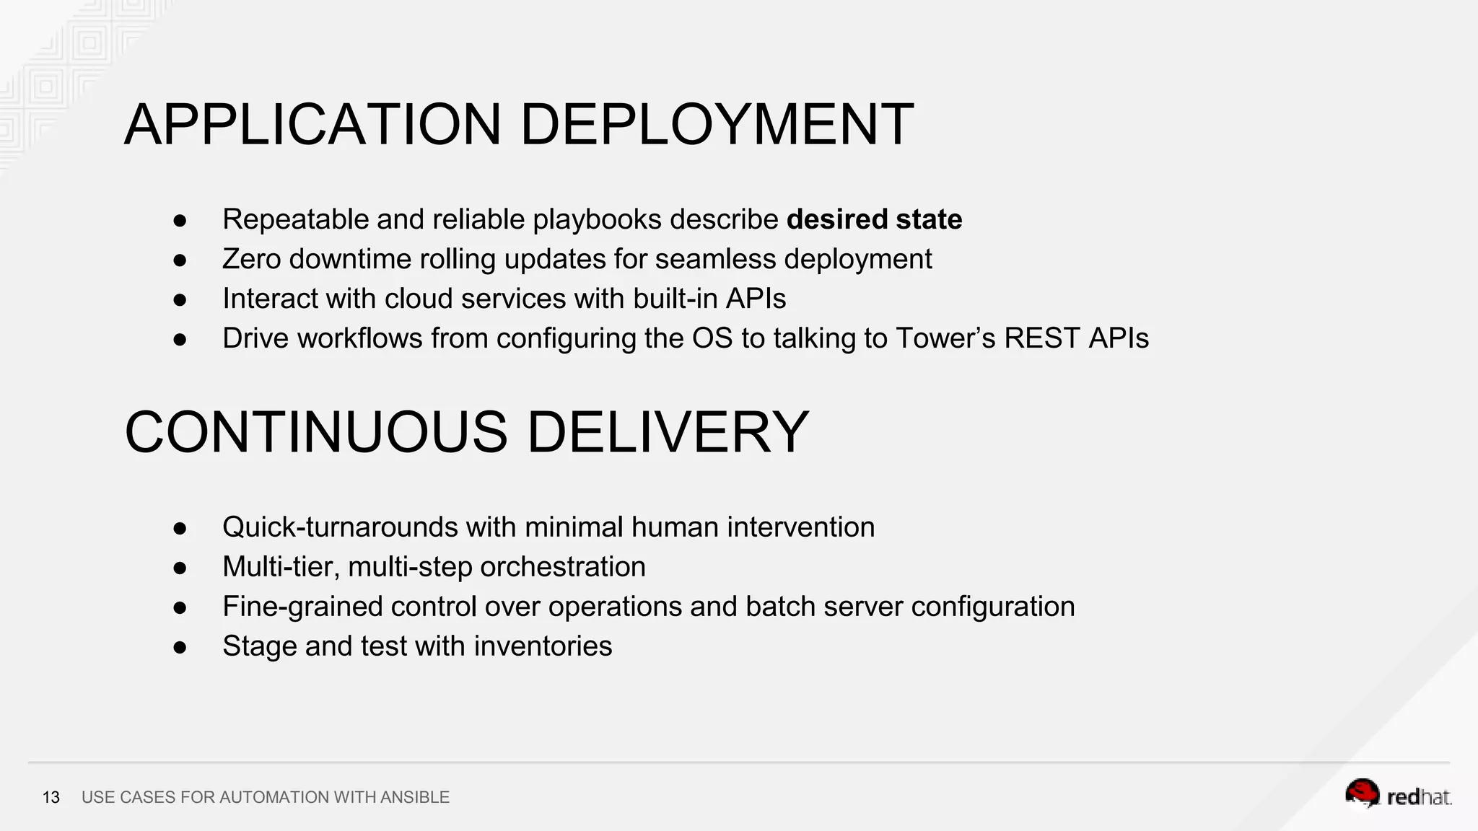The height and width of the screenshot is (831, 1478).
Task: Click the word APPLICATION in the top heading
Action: (312, 125)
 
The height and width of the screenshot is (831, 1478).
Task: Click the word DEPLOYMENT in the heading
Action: (717, 125)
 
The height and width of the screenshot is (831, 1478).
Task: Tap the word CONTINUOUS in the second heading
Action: (316, 432)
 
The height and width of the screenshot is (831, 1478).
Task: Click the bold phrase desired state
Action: (874, 219)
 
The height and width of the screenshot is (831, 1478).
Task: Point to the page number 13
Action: (51, 797)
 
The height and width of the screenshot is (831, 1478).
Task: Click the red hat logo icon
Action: (1362, 793)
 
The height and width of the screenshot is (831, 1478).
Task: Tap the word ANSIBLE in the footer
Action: (415, 797)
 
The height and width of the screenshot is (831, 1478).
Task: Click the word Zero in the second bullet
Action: (251, 259)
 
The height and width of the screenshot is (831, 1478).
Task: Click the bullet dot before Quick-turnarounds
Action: (180, 528)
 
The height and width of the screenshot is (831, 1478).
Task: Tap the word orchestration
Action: (563, 567)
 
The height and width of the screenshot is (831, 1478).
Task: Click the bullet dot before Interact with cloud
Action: (180, 299)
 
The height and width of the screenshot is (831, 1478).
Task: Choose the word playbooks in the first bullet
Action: (597, 219)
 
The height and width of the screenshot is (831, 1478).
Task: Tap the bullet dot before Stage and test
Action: (180, 647)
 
